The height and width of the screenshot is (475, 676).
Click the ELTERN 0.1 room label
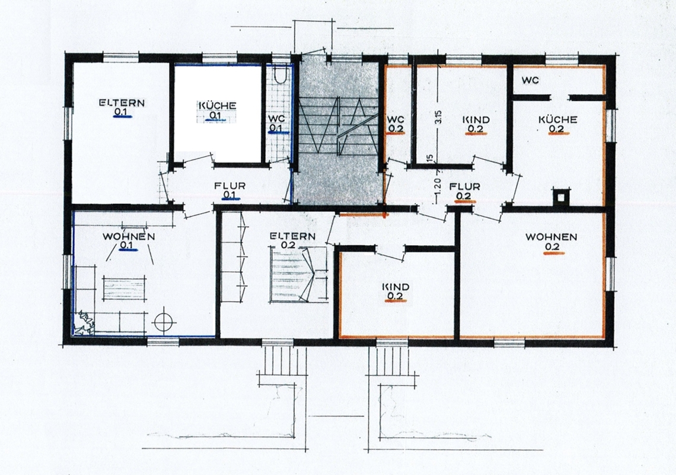point(122,108)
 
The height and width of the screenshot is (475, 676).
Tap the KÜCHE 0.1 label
point(217,110)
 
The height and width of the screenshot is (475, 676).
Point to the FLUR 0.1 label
point(230,191)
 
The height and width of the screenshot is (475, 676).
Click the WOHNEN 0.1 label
point(129,242)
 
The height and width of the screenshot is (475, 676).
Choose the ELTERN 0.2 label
point(293,241)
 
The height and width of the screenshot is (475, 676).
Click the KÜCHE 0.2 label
point(558,124)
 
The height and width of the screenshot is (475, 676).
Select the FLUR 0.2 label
point(465,192)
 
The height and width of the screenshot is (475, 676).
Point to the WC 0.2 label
point(396,124)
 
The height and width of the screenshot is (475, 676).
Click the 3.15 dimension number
point(438,118)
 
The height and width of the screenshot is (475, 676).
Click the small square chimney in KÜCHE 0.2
point(560,197)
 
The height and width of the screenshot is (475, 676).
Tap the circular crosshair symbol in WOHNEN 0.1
point(164,321)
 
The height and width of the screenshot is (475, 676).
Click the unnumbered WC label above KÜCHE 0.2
point(530,80)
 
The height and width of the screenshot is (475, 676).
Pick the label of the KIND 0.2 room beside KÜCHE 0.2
point(477,124)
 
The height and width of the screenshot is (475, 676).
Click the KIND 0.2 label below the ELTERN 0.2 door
point(396,292)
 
